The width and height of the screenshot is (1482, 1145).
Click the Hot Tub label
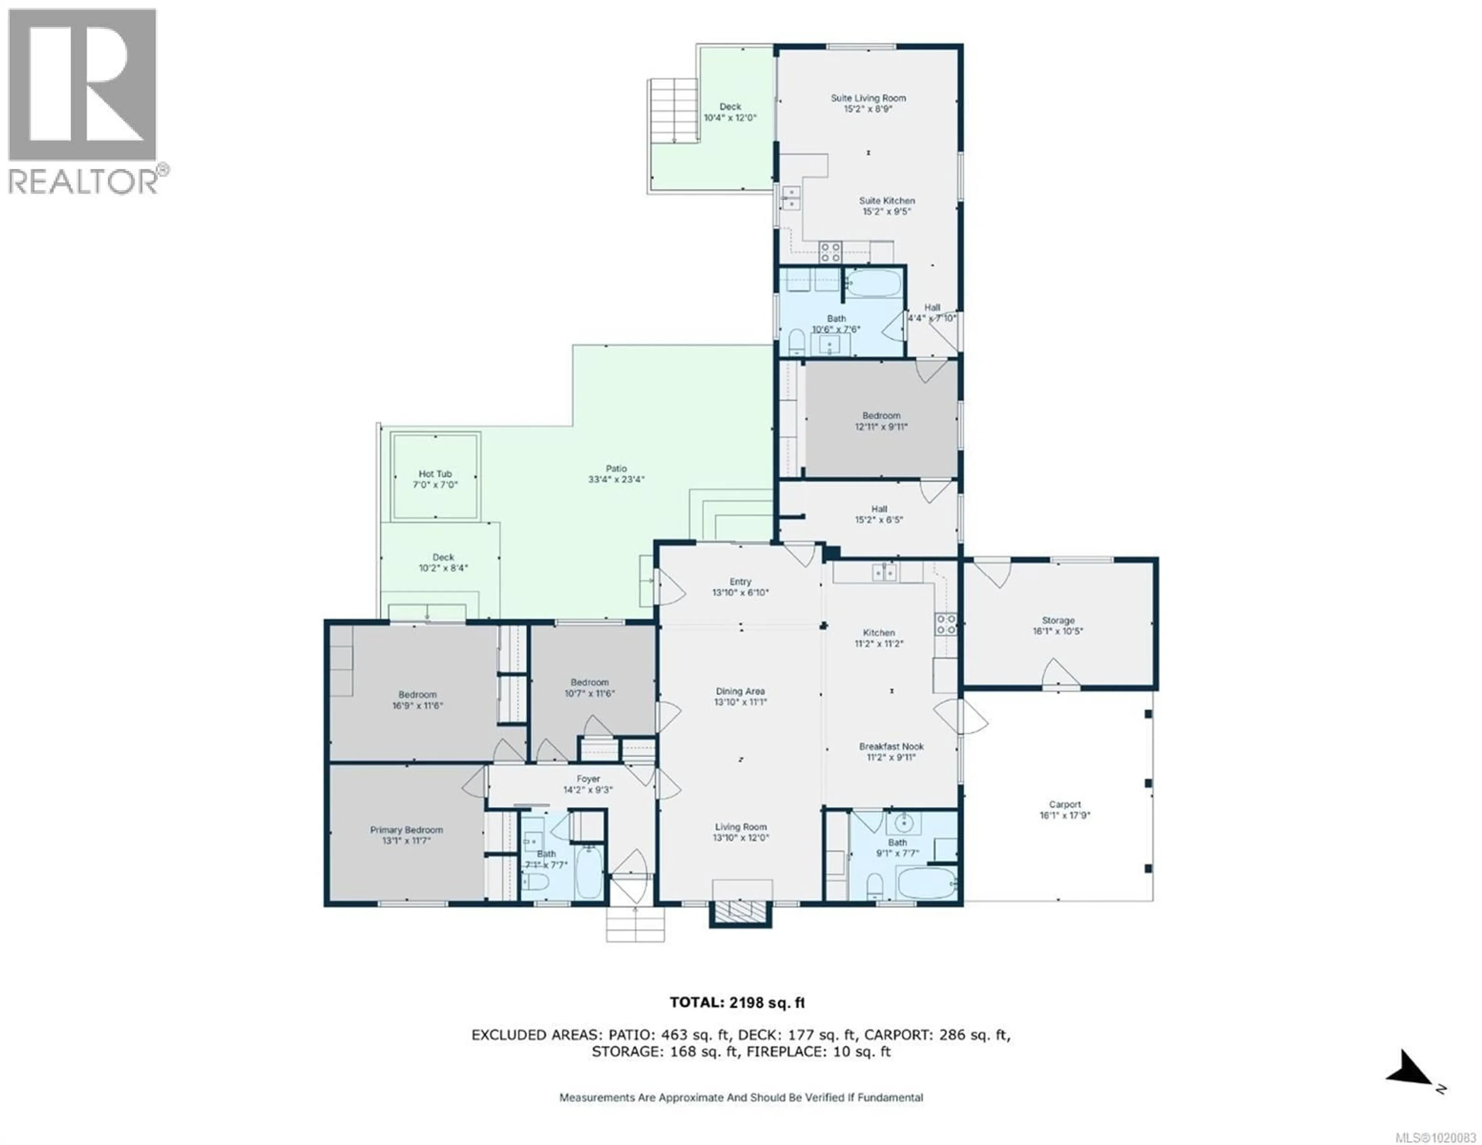[435, 474]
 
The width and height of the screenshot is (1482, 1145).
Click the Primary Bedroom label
[406, 829]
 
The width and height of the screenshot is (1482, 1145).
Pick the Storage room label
[1058, 620]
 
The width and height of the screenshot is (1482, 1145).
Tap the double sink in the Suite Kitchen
[790, 198]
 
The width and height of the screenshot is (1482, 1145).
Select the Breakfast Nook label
[891, 746]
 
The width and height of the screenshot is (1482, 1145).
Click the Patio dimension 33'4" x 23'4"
[616, 479]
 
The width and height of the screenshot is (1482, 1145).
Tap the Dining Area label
[740, 691]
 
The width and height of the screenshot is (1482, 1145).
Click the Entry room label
[740, 582]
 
